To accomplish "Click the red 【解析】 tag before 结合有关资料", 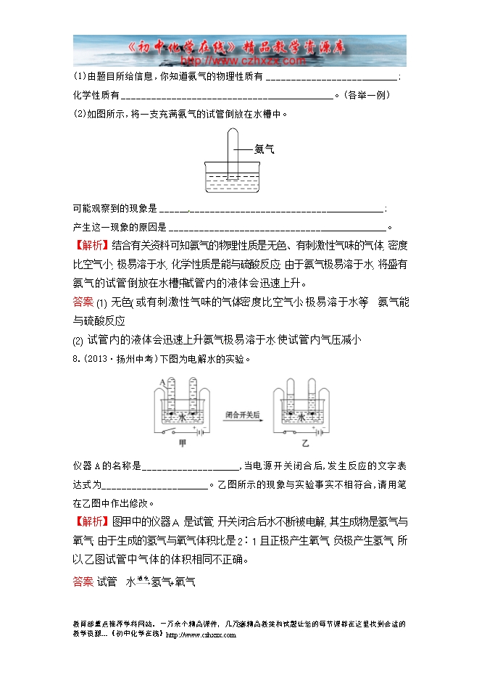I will pos(91,246).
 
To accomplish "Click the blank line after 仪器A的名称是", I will pos(191,467).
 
